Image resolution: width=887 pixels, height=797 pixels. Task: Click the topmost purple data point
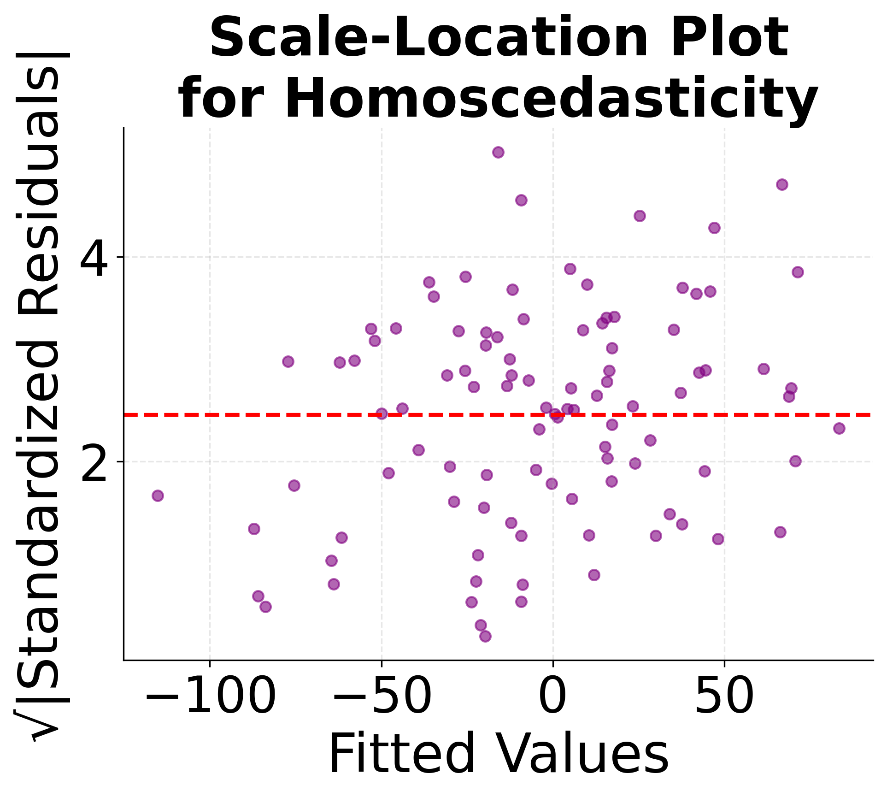[498, 152]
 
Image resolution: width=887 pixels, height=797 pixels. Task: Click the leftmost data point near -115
[158, 496]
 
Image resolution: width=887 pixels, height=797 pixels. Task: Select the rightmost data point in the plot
[839, 428]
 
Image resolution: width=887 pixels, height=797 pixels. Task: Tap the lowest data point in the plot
[485, 636]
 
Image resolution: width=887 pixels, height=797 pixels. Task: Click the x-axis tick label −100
[211, 697]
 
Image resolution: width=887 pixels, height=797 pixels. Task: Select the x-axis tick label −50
[382, 697]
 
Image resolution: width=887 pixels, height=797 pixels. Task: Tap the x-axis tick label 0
[552, 697]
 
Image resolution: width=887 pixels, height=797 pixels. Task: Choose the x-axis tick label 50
[724, 697]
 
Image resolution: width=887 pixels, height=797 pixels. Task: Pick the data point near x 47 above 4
[714, 228]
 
